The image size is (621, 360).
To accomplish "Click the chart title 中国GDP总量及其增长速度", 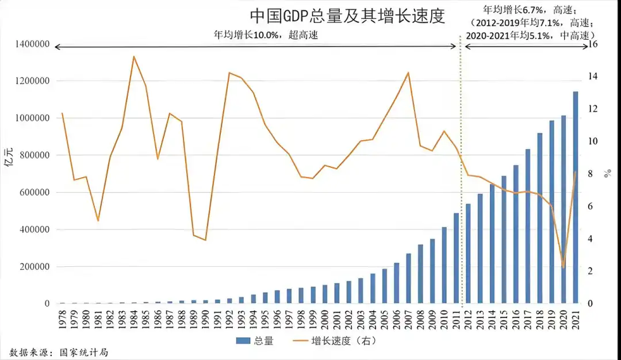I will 347,16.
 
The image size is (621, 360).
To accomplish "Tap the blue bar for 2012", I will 468,254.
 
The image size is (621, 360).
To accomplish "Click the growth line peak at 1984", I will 133,56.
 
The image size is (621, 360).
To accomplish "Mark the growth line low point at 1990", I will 205,240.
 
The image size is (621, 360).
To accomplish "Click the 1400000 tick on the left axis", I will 28,44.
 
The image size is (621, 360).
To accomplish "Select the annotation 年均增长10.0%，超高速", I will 266,35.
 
